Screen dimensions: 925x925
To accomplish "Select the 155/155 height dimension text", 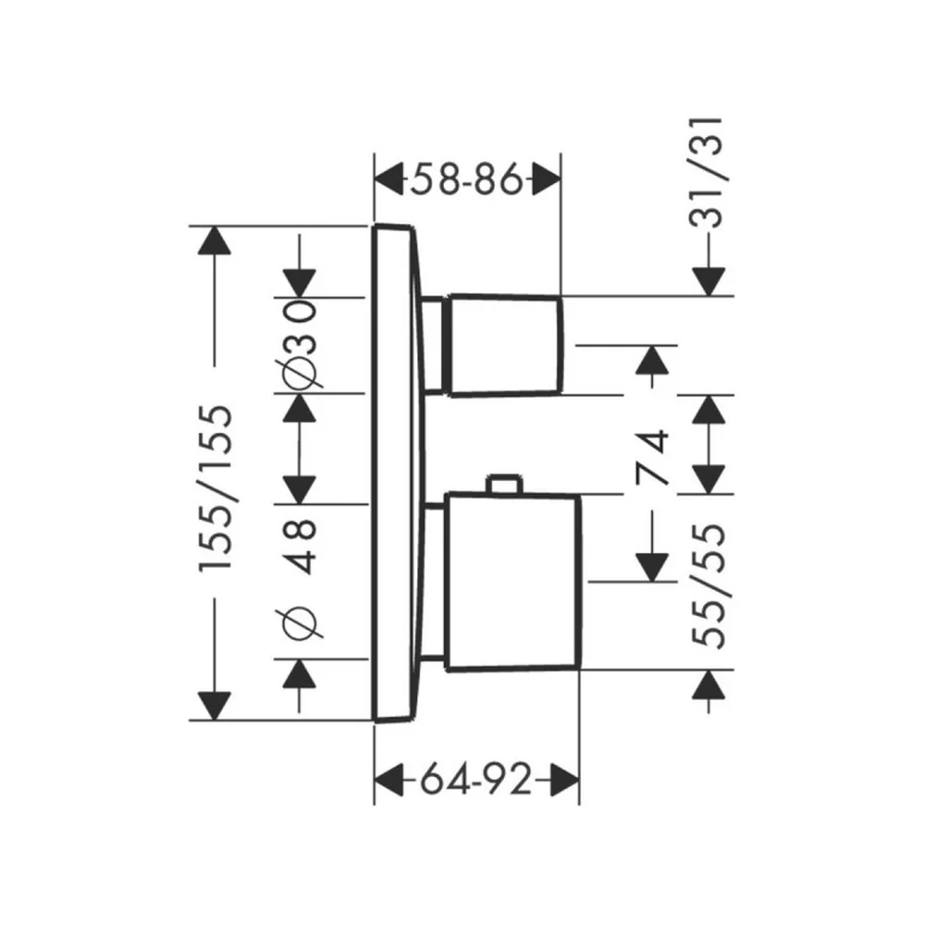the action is [216, 487].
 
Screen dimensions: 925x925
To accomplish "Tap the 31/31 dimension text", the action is [706, 172].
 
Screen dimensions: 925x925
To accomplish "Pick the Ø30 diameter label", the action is [300, 346].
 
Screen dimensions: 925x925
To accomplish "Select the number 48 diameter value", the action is [300, 547].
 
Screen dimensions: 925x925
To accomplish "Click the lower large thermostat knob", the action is [512, 582].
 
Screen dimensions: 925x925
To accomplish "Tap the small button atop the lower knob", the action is [503, 483].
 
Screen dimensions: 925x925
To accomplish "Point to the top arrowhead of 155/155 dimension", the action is [215, 240].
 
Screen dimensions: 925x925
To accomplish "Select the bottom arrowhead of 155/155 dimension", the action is [215, 706].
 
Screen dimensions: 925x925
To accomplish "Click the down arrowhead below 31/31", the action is [709, 281].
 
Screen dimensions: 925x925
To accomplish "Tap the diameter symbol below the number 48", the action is [300, 623].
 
